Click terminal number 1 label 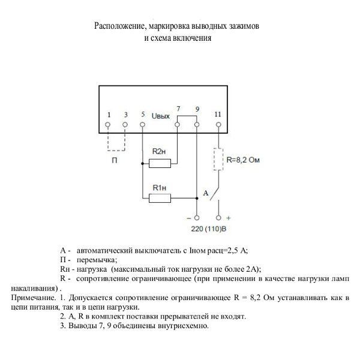pyautogui.click(x=108, y=114)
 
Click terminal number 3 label pyautogui.click(x=125, y=114)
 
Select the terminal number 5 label pyautogui.click(x=142, y=114)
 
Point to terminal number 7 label pyautogui.click(x=179, y=109)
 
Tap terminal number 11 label pyautogui.click(x=217, y=114)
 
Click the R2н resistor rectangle pyautogui.click(x=160, y=163)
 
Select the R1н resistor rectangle pyautogui.click(x=160, y=197)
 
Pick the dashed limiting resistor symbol pyautogui.click(x=217, y=160)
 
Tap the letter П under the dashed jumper pyautogui.click(x=115, y=162)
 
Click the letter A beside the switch pyautogui.click(x=205, y=193)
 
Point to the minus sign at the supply pyautogui.click(x=196, y=218)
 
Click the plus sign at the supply pyautogui.click(x=229, y=218)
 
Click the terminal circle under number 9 pyautogui.click(x=197, y=125)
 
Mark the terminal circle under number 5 pyautogui.click(x=142, y=125)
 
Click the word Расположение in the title pyautogui.click(x=119, y=26)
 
